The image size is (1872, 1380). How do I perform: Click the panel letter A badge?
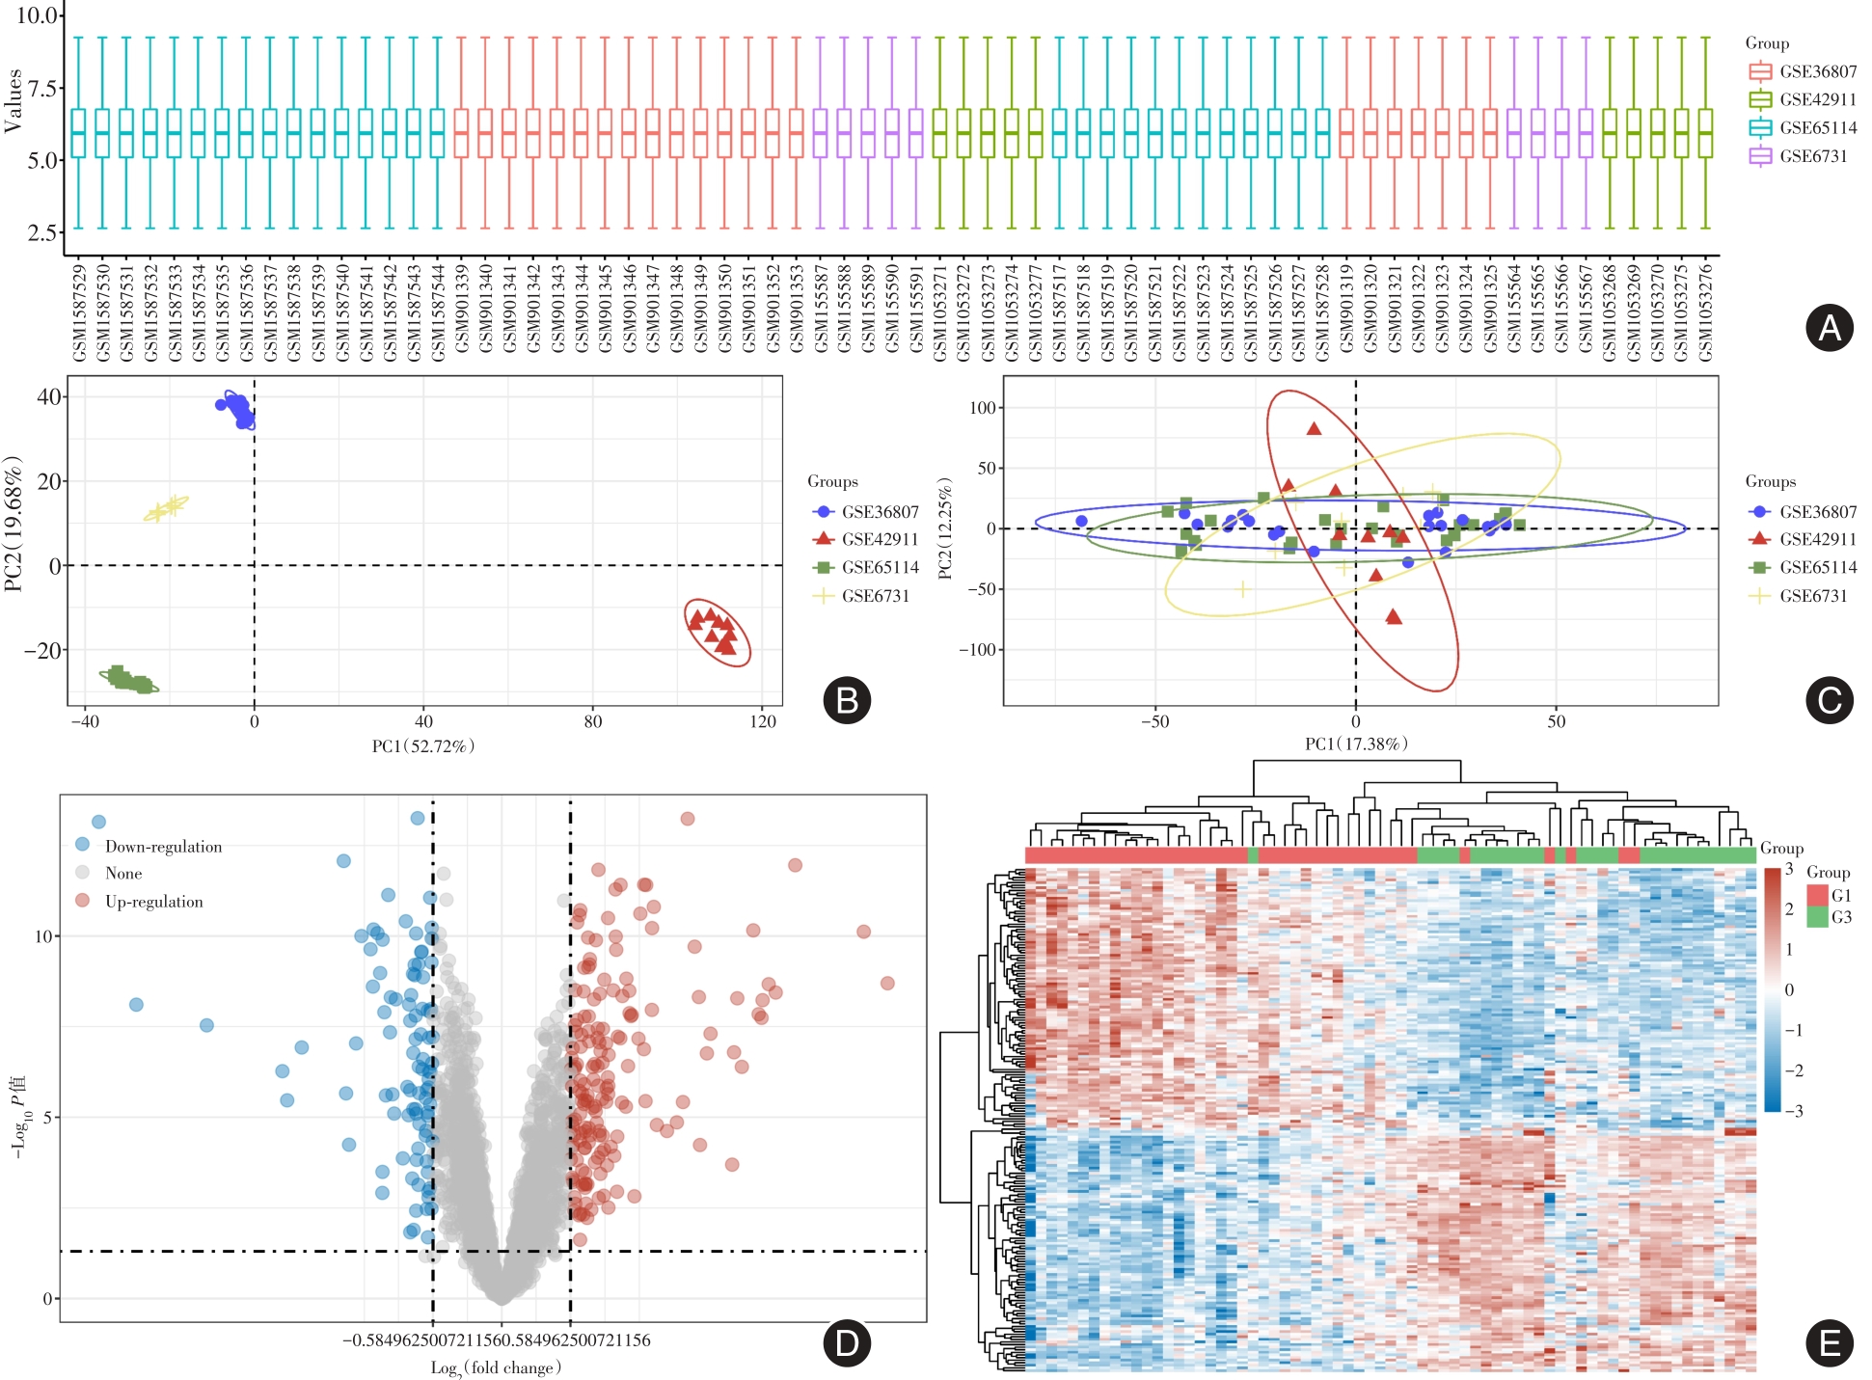pyautogui.click(x=1829, y=328)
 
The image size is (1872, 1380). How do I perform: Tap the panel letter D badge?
pyautogui.click(x=847, y=1342)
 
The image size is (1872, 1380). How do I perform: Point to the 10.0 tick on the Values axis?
pyautogui.click(x=38, y=15)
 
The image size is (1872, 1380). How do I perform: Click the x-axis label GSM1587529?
pyautogui.click(x=79, y=312)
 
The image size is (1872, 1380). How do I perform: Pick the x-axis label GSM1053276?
pyautogui.click(x=1705, y=312)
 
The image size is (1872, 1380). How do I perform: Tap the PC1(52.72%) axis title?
pyautogui.click(x=423, y=745)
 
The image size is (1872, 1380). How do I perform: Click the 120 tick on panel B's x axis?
pyautogui.click(x=762, y=721)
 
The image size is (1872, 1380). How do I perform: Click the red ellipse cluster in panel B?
pyautogui.click(x=717, y=632)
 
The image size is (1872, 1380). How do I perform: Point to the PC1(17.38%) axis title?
pyautogui.click(x=1356, y=744)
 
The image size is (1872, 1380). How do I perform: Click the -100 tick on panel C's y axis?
pyautogui.click(x=977, y=649)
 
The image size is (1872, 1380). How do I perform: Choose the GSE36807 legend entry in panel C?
pyautogui.click(x=1817, y=511)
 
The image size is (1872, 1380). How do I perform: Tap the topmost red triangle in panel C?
pyautogui.click(x=1314, y=428)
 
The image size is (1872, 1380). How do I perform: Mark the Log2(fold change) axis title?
pyautogui.click(x=496, y=1367)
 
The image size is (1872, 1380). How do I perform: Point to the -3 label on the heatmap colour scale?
pyautogui.click(x=1793, y=1111)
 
